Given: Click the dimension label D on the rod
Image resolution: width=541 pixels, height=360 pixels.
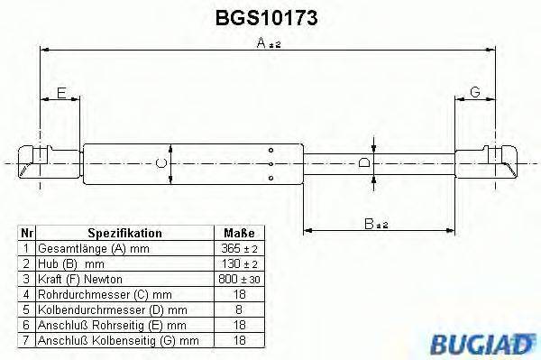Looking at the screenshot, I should pyautogui.click(x=363, y=163).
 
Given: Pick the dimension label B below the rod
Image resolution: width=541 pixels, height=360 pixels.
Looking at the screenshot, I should pyautogui.click(x=371, y=223).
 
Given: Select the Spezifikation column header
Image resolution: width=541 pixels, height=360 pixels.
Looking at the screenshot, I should pyautogui.click(x=124, y=232).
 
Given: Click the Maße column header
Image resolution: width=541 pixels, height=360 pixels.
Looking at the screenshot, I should pyautogui.click(x=239, y=232).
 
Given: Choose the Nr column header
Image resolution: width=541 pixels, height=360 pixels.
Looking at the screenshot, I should pyautogui.click(x=27, y=232).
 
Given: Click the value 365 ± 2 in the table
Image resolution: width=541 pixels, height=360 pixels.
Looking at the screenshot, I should pyautogui.click(x=239, y=246).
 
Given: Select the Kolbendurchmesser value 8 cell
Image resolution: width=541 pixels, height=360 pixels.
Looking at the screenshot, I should pyautogui.click(x=239, y=308).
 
